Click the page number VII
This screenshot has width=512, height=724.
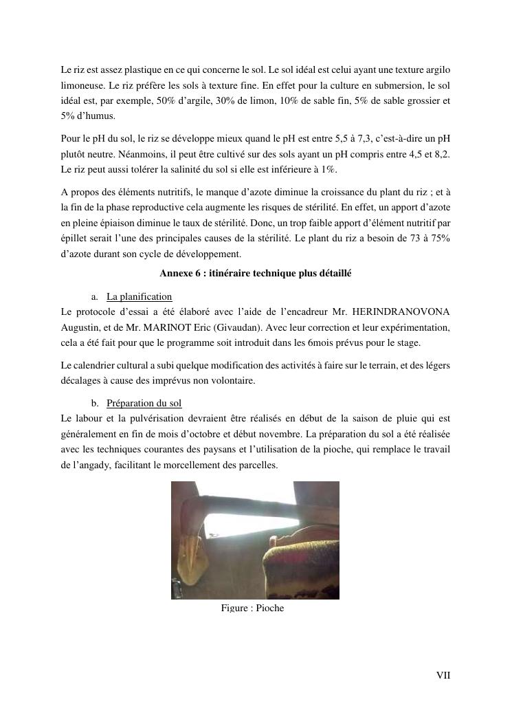point(443,675)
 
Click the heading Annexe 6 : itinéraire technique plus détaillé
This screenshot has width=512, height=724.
point(255,273)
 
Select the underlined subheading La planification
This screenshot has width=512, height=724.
point(139,296)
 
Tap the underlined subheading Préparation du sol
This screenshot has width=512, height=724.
point(144,402)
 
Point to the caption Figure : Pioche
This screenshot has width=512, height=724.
point(252,608)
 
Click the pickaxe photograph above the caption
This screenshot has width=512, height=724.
point(255,540)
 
